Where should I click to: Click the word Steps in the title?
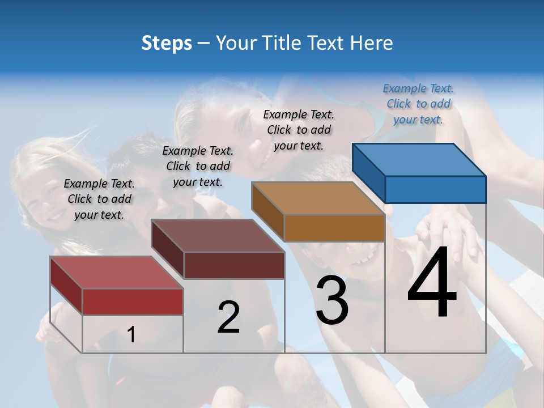pyautogui.click(x=167, y=43)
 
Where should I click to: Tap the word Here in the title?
pyautogui.click(x=372, y=43)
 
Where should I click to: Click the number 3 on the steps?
pyautogui.click(x=332, y=300)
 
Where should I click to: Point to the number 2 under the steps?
pyautogui.click(x=228, y=317)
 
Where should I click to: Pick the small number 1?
pyautogui.click(x=131, y=334)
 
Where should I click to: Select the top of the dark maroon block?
pyautogui.click(x=218, y=236)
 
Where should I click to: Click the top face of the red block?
pyautogui.click(x=117, y=273)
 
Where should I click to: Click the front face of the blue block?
pyautogui.click(x=435, y=189)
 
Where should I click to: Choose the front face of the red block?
pyautogui.click(x=133, y=301)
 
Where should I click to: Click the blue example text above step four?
pyautogui.click(x=418, y=104)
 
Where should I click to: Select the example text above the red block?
pyautogui.click(x=99, y=199)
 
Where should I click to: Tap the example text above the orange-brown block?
pyautogui.click(x=299, y=130)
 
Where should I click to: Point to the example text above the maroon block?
pyautogui.click(x=198, y=166)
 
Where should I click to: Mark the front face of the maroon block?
pyautogui.click(x=234, y=265)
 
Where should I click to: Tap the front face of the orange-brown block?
pyautogui.click(x=334, y=228)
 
